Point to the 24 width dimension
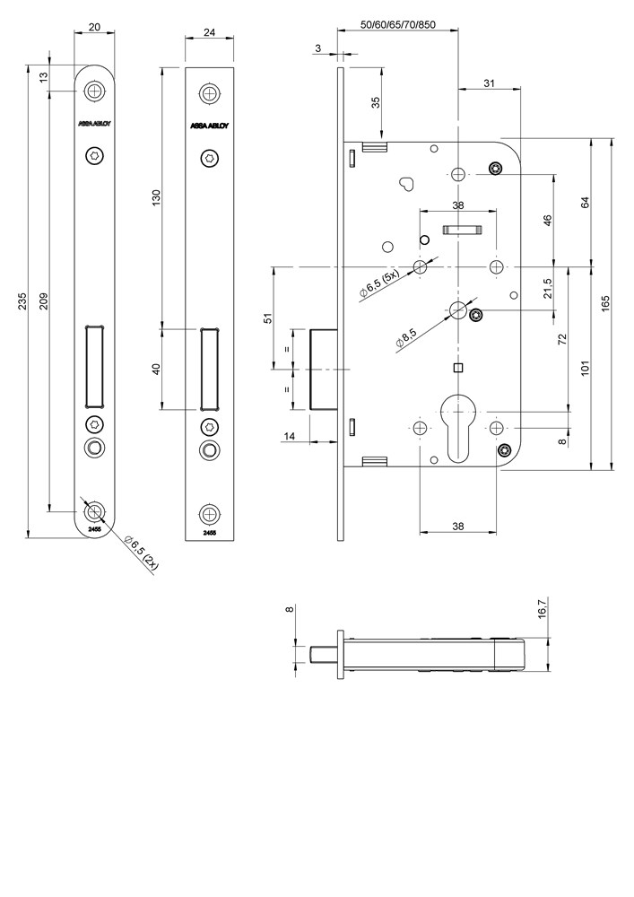point(210,32)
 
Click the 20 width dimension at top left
point(94,27)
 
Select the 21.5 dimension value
point(548,288)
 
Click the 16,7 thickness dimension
point(542,613)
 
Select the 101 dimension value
point(585,366)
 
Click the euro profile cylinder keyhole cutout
point(458,427)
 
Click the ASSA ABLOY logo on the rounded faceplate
point(94,124)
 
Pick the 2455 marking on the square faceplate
point(209,533)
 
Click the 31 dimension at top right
point(489,83)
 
